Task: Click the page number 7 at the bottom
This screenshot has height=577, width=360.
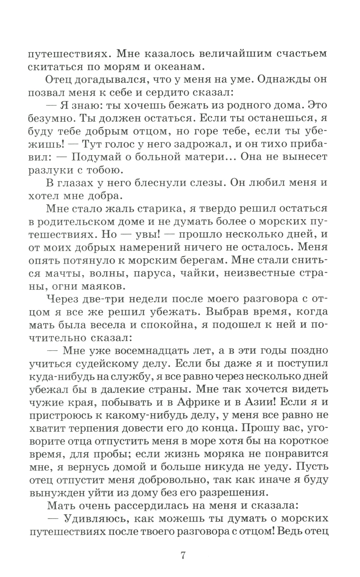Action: [183, 555]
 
